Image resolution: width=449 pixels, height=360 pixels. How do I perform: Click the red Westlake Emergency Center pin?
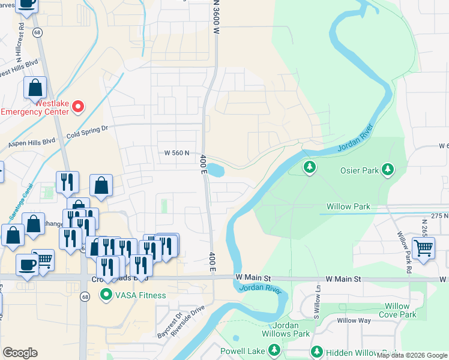pos(78,108)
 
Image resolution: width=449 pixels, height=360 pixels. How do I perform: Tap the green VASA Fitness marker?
pos(107,295)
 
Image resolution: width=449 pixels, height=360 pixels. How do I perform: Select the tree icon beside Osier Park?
pos(388,170)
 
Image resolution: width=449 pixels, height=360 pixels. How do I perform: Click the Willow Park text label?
pos(353,207)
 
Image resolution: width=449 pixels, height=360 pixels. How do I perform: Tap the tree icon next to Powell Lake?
pos(274,349)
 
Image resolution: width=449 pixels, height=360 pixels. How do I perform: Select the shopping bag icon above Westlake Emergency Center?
pos(36,88)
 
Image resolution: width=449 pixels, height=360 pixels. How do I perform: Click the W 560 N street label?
pos(181,153)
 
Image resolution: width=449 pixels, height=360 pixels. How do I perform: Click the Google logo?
pos(20,353)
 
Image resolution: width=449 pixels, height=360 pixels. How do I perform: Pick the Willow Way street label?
pos(353,321)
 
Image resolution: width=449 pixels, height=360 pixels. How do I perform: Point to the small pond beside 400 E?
pos(215,170)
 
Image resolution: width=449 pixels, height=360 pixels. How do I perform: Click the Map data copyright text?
pos(412,355)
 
